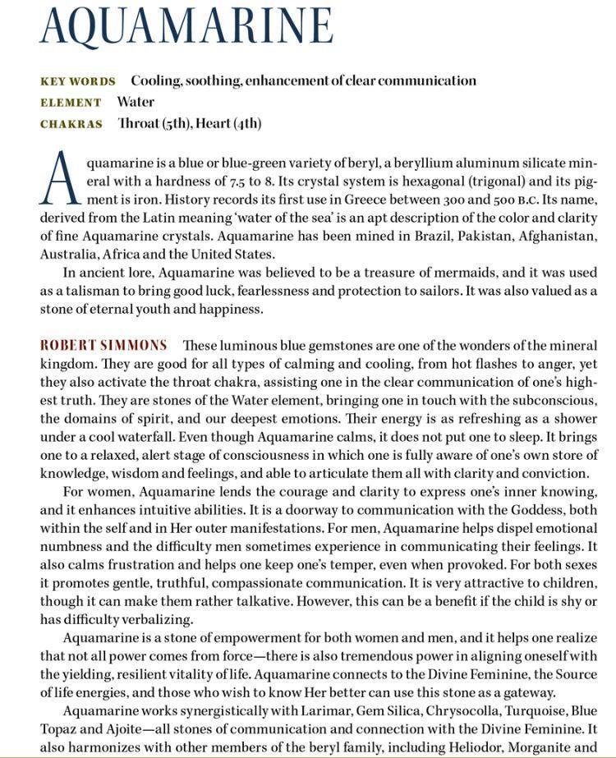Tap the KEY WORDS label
pos(78,81)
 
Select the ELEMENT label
pos(71,103)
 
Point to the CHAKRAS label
pos(71,124)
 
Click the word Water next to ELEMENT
pos(136,102)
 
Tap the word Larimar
pos(315,710)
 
